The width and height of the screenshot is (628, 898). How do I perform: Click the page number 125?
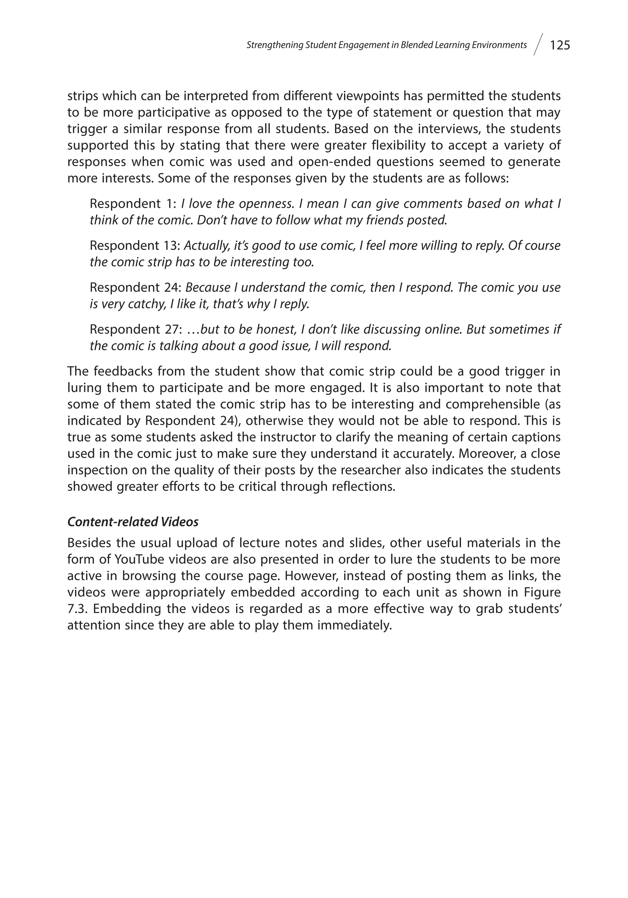(560, 45)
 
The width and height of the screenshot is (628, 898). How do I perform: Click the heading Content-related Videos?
(133, 522)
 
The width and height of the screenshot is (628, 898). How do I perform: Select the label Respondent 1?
(134, 203)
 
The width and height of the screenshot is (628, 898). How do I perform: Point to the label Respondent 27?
(136, 329)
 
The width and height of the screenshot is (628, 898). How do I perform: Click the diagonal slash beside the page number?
(538, 45)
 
